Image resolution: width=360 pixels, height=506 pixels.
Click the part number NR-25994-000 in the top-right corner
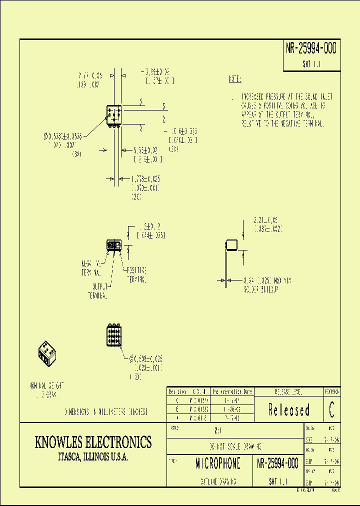(311, 48)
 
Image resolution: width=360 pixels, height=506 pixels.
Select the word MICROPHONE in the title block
(217, 463)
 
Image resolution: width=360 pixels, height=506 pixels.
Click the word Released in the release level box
(288, 410)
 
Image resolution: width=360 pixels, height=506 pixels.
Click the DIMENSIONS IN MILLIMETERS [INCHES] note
(105, 412)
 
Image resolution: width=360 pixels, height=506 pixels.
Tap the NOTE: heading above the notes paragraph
(235, 79)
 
